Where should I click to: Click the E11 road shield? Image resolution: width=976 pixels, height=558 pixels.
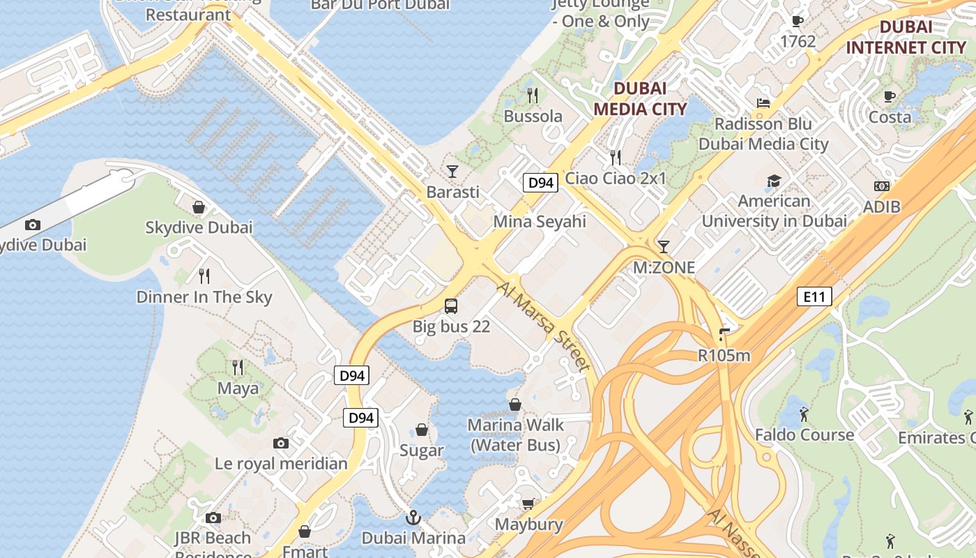click(x=814, y=297)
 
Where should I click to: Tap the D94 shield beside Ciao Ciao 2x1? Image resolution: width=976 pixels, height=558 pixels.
click(x=540, y=183)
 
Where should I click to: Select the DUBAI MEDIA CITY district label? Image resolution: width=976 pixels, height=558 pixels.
click(x=640, y=98)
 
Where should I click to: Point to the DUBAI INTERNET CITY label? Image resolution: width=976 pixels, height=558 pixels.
click(x=906, y=38)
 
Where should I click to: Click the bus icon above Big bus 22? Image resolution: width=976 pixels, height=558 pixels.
click(x=451, y=306)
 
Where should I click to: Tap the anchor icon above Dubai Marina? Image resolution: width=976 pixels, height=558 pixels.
click(x=413, y=518)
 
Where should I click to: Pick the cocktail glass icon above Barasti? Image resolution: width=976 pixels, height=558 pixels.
click(x=452, y=171)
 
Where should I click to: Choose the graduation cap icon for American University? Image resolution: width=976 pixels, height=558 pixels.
click(x=774, y=181)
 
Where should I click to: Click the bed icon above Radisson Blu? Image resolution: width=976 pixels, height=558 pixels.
click(x=763, y=103)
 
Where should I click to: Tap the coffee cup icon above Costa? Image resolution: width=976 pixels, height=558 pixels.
click(x=889, y=96)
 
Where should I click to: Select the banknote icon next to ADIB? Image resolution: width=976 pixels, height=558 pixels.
click(x=881, y=186)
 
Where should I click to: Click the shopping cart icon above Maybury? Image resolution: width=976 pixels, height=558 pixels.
click(x=528, y=504)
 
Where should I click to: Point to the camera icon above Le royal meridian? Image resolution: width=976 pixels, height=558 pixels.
click(x=281, y=443)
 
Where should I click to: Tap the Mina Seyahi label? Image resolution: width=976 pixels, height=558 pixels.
click(x=540, y=222)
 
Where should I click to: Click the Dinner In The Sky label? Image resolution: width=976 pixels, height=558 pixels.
click(x=204, y=297)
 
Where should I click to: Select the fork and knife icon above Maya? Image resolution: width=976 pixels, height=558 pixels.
click(x=238, y=367)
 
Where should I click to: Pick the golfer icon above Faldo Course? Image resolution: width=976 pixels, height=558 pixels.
click(x=804, y=414)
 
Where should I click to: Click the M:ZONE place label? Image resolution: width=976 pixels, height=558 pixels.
click(x=664, y=268)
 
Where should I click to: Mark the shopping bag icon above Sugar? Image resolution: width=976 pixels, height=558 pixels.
click(x=422, y=430)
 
